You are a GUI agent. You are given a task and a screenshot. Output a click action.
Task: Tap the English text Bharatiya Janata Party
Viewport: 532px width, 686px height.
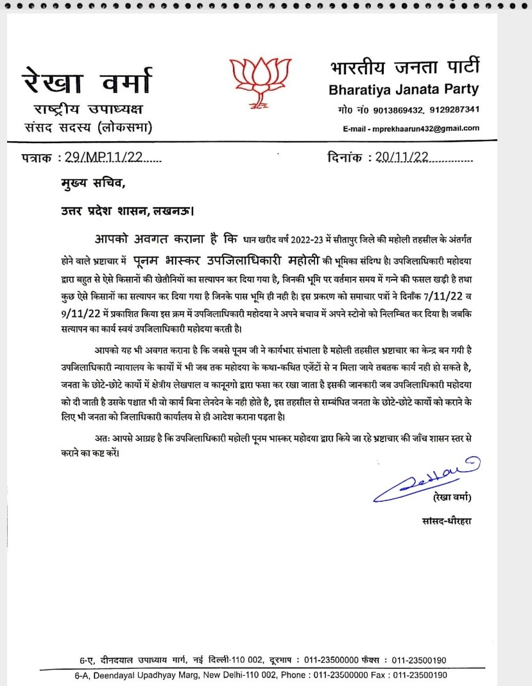pyautogui.click(x=404, y=89)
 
